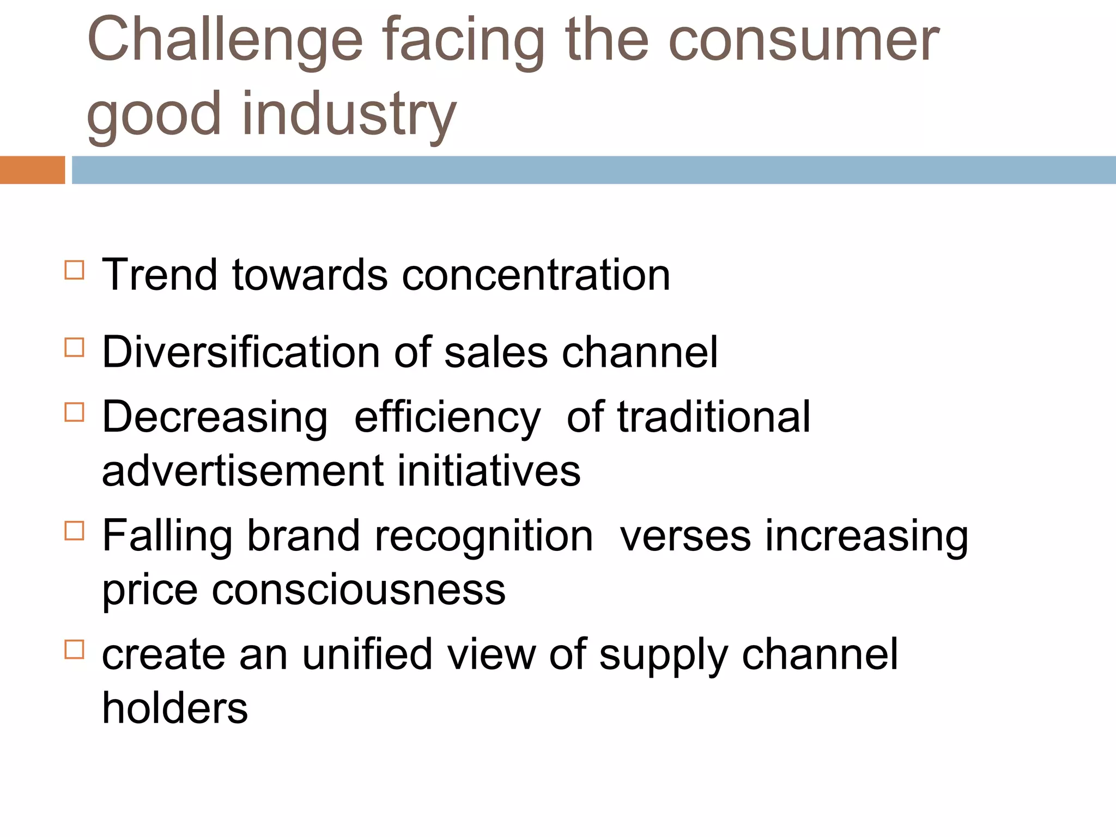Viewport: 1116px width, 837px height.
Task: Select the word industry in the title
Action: (349, 114)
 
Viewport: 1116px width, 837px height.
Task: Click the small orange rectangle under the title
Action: (32, 170)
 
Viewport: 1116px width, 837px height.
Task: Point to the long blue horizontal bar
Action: (593, 170)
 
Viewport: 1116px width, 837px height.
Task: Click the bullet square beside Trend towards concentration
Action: (75, 270)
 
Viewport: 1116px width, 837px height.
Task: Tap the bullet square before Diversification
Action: (75, 348)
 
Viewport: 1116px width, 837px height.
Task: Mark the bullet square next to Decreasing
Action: (75, 413)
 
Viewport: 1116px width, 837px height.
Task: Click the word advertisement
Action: (242, 471)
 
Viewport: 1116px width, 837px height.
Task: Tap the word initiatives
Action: (488, 471)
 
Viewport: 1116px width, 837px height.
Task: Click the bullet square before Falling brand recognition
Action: (75, 531)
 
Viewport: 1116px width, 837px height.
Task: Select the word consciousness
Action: (359, 590)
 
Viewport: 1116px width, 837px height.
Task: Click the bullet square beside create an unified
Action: (75, 650)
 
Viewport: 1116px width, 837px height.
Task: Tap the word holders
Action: (175, 708)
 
